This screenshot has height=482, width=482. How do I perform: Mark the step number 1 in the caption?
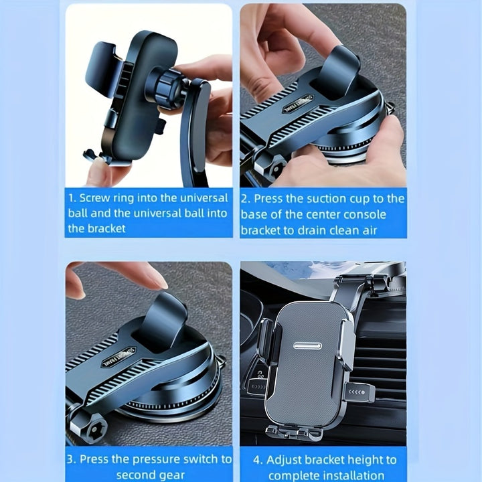(71, 198)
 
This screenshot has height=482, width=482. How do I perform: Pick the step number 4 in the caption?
(258, 460)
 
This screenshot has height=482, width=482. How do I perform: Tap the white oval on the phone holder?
(307, 346)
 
